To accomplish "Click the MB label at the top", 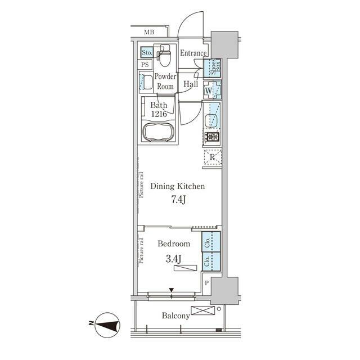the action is click(x=149, y=32).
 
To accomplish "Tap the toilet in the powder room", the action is click(x=164, y=55).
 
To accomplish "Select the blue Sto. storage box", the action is click(x=147, y=52).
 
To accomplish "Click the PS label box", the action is click(x=145, y=65).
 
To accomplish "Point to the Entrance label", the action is click(x=193, y=53).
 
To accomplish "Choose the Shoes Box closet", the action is click(x=213, y=68).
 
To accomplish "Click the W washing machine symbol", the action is click(x=213, y=90).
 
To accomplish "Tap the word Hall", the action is click(x=191, y=84).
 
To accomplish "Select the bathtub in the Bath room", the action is click(x=159, y=132).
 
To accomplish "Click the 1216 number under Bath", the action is click(x=159, y=114).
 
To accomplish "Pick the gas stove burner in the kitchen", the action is click(x=212, y=137).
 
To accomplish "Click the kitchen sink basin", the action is click(x=211, y=120).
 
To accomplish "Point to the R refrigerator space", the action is click(x=213, y=157).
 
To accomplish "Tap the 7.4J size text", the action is click(x=178, y=200).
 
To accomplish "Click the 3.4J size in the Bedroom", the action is click(x=173, y=259).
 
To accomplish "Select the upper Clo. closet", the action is click(x=211, y=241).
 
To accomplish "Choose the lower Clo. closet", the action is click(x=211, y=262).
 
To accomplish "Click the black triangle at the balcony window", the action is click(x=172, y=290).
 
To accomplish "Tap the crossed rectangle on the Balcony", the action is click(x=202, y=310).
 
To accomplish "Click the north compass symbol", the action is click(x=107, y=325).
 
